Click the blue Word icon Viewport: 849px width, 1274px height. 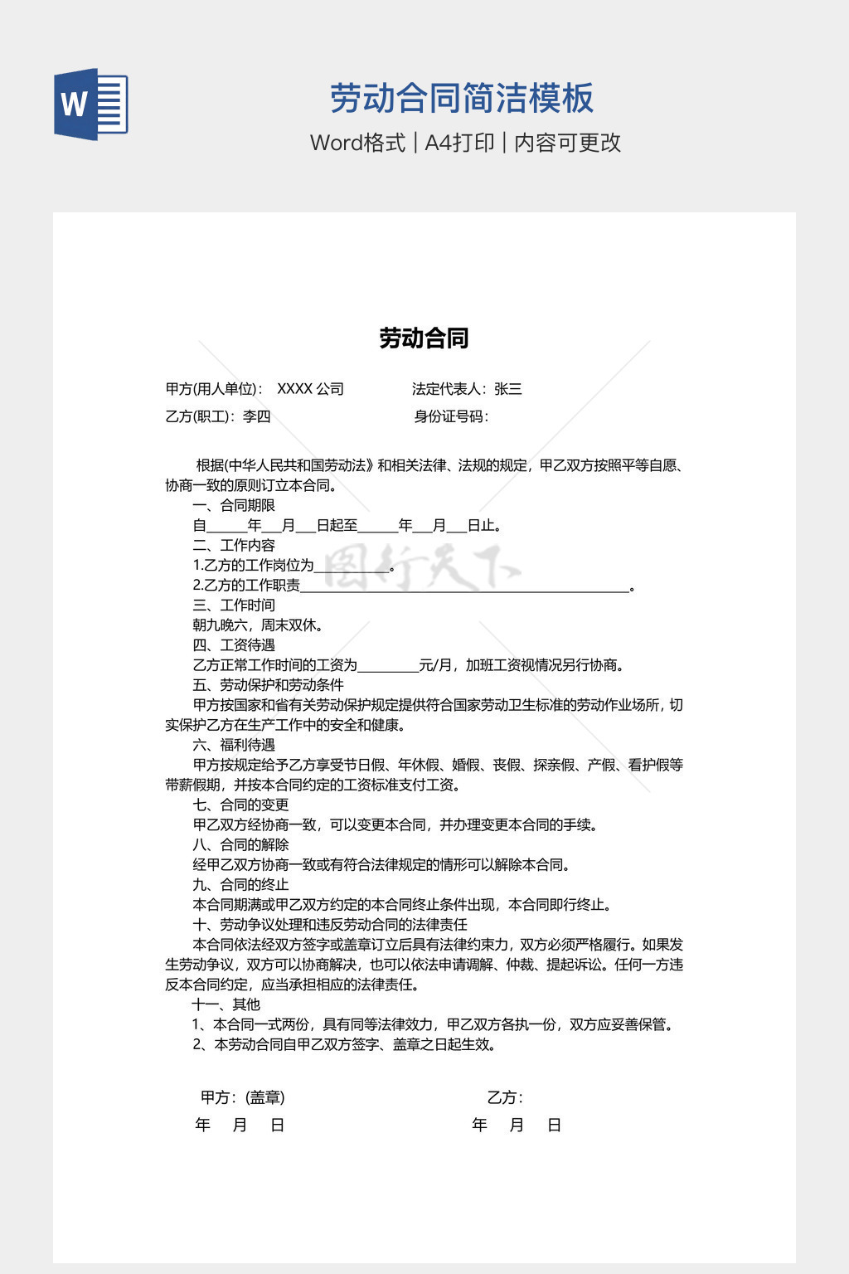click(91, 105)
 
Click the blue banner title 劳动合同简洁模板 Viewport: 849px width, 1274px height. click(462, 98)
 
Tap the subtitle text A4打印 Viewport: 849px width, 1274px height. click(459, 143)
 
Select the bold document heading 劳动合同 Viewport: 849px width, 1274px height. click(424, 338)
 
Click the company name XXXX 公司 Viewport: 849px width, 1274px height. click(310, 389)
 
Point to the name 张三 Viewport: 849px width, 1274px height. click(508, 389)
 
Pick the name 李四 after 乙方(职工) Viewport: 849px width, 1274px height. click(257, 416)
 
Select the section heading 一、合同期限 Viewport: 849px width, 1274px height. click(234, 505)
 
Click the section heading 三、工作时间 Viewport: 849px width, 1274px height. click(234, 605)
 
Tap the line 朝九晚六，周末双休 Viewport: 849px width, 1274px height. click(258, 625)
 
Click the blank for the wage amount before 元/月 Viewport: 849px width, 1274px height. click(388, 665)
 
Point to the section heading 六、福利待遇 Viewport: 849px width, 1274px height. click(234, 745)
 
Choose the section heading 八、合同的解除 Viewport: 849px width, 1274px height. click(241, 844)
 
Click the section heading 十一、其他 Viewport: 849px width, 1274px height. click(226, 1004)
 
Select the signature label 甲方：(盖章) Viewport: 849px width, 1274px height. click(243, 1097)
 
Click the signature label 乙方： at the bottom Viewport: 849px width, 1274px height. click(505, 1097)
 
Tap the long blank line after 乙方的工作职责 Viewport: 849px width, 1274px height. click(464, 586)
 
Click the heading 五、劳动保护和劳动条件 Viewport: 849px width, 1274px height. click(268, 685)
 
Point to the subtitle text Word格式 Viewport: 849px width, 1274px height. click(358, 143)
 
